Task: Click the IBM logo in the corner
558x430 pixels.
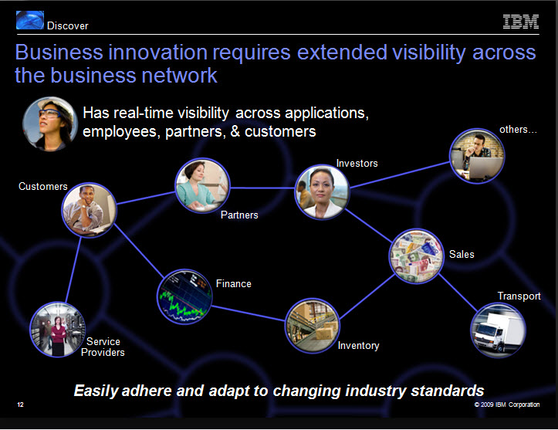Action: (521, 22)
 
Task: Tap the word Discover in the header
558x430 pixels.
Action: (68, 26)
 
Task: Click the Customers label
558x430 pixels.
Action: (43, 186)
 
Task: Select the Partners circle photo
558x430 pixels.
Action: (202, 185)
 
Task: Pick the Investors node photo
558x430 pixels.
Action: (322, 191)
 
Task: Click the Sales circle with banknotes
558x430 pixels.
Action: (416, 256)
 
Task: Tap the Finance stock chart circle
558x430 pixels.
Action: (184, 296)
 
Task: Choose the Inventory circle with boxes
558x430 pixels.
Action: (312, 326)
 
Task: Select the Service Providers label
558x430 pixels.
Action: (103, 347)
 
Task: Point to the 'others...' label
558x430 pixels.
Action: (518, 130)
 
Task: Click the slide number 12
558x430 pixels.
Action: (20, 405)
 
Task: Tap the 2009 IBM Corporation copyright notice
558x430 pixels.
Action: (507, 405)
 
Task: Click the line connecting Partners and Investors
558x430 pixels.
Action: (262, 188)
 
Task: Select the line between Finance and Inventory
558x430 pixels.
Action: (249, 313)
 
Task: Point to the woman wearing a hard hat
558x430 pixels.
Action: (50, 124)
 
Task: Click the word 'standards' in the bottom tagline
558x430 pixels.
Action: (448, 391)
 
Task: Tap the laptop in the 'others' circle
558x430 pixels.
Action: (483, 168)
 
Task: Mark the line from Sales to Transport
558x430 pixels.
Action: (458, 293)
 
